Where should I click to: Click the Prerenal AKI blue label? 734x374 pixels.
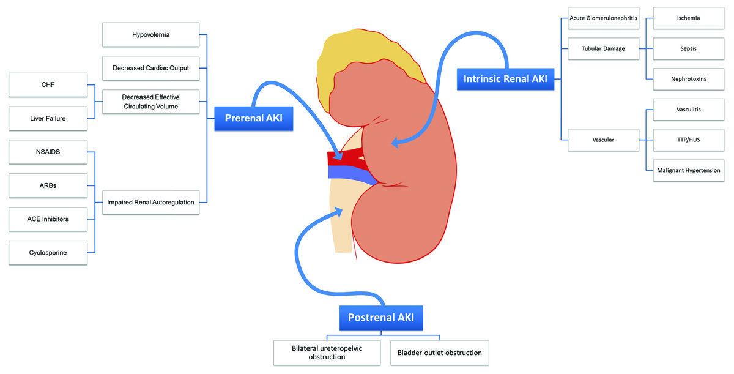click(x=254, y=119)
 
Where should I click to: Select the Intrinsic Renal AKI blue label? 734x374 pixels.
click(x=505, y=79)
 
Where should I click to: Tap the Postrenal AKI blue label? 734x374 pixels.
click(x=380, y=318)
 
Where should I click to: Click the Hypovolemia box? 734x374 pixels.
click(x=151, y=35)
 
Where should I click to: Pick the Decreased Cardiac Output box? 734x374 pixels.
click(x=151, y=68)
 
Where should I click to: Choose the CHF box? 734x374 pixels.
click(x=48, y=85)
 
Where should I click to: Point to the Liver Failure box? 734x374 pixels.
click(x=48, y=119)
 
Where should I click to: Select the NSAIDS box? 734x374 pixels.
click(x=48, y=152)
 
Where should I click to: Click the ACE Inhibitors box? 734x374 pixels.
click(x=48, y=219)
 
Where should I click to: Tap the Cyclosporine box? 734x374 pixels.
click(x=48, y=252)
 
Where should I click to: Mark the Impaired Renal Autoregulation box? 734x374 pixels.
click(x=151, y=202)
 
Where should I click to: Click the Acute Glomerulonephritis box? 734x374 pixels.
click(x=603, y=18)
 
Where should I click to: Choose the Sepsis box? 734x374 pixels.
click(x=688, y=48)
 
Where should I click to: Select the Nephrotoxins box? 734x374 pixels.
click(x=688, y=79)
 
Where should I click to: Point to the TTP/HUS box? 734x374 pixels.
click(x=688, y=140)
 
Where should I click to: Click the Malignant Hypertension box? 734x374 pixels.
click(x=688, y=170)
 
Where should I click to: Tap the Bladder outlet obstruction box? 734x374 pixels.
click(x=439, y=353)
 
